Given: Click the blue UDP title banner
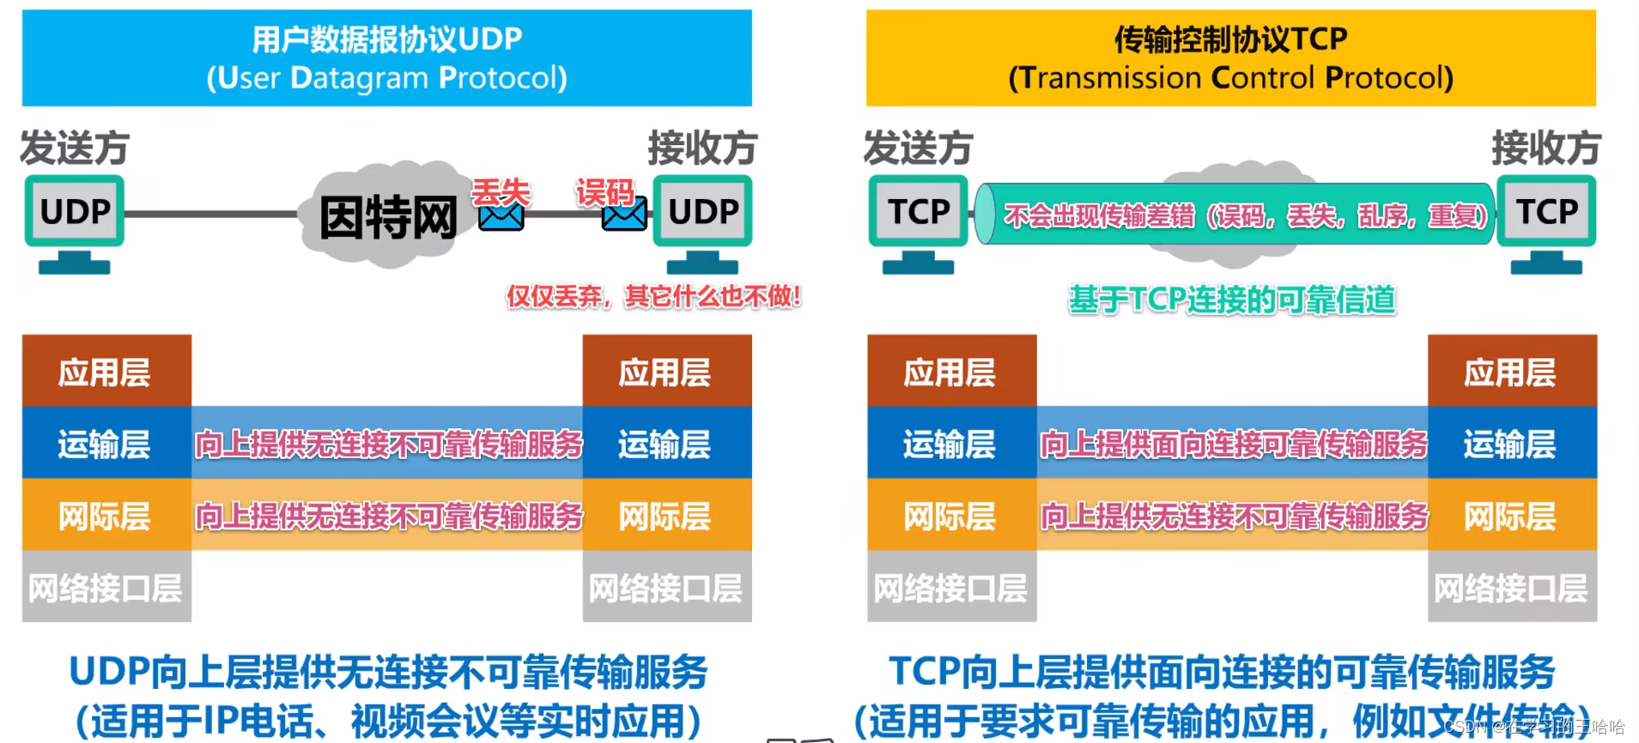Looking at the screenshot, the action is click(386, 57).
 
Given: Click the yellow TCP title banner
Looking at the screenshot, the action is click(1230, 57).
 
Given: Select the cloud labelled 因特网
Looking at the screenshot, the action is click(386, 214).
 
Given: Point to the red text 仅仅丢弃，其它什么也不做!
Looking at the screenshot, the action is click(653, 297).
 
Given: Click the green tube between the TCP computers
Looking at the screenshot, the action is click(1236, 214).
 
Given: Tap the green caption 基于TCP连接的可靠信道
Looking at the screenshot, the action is click(1232, 300).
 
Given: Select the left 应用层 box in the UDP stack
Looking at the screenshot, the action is click(106, 371).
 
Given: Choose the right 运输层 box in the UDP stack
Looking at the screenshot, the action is click(666, 443).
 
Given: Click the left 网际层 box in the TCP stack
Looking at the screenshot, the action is click(951, 515).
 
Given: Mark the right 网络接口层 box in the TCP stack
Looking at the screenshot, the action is click(1511, 587).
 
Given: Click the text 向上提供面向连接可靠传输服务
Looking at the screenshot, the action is click(1233, 444).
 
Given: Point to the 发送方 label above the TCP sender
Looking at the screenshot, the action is click(918, 148).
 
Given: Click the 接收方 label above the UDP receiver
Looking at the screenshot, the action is click(702, 148).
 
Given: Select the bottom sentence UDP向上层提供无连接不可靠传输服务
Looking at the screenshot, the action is click(388, 672).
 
